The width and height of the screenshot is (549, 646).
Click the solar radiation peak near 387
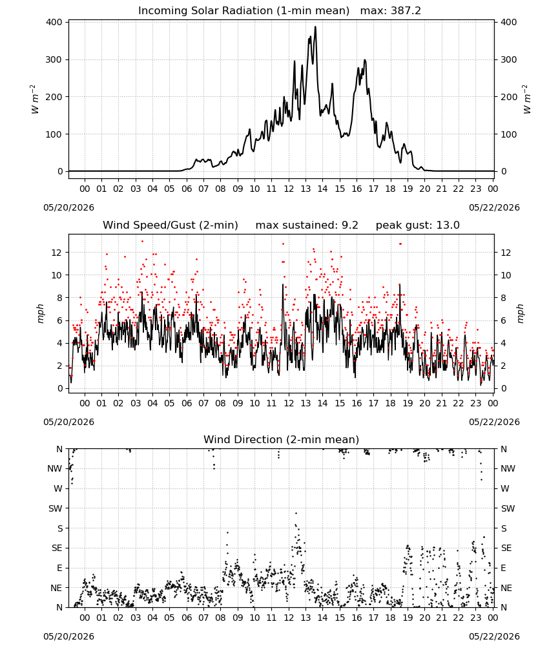(x=315, y=27)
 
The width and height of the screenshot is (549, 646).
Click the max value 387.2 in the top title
(x=406, y=11)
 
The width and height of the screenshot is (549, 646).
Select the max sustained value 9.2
(x=350, y=225)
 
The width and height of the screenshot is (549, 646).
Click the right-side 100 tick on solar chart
(x=509, y=134)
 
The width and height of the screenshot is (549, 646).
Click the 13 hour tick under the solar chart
(x=306, y=189)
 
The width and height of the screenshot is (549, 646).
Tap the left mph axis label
(x=40, y=313)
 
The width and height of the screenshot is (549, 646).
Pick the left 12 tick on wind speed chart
(x=57, y=253)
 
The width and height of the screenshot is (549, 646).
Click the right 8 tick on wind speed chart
(x=503, y=298)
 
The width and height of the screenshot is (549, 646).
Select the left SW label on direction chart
(x=56, y=508)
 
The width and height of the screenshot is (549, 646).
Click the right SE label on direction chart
(x=506, y=548)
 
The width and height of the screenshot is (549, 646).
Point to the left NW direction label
(x=55, y=468)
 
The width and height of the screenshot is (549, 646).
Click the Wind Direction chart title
(x=282, y=439)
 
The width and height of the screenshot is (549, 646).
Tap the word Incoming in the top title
(x=158, y=11)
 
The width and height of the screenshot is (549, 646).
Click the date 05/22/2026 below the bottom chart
(x=494, y=636)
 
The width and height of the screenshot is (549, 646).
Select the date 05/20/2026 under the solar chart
(x=68, y=207)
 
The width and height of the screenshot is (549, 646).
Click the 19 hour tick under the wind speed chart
(x=408, y=403)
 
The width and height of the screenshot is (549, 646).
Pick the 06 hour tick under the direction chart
(x=187, y=618)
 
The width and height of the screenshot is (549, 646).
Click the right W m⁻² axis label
(x=528, y=99)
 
